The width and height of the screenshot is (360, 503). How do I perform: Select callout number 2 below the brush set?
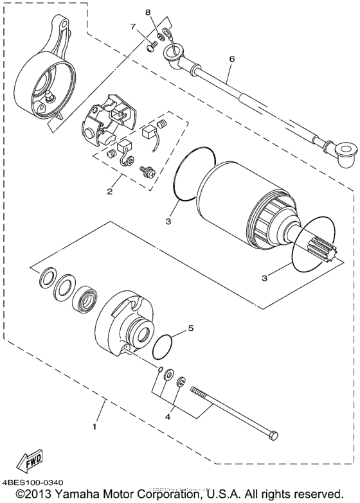coord(110,191)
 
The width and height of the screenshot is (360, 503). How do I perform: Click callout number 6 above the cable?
coord(231,59)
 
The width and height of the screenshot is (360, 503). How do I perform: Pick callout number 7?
coord(134,26)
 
